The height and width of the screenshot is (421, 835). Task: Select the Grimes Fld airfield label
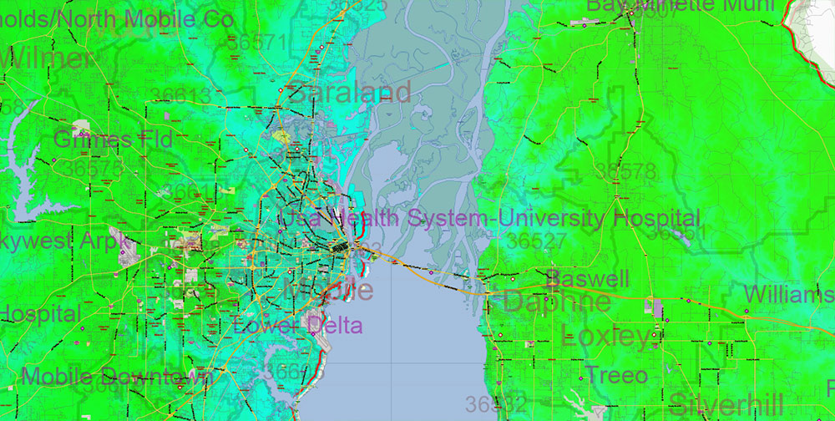tap(113, 139)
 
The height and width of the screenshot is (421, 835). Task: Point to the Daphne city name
tap(556, 302)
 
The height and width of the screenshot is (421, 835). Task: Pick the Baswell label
tap(590, 277)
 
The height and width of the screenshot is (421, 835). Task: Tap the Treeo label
tap(616, 375)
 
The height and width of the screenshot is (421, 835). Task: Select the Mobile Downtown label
tap(118, 377)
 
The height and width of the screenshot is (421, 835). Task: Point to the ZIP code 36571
tap(257, 43)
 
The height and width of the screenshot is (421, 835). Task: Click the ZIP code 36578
tap(625, 172)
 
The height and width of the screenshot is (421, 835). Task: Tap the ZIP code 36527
tap(537, 241)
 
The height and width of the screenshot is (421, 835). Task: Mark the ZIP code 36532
tap(496, 404)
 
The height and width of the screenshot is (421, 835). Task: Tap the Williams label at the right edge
tap(787, 294)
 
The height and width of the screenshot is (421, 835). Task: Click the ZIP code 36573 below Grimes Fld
tap(92, 168)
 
